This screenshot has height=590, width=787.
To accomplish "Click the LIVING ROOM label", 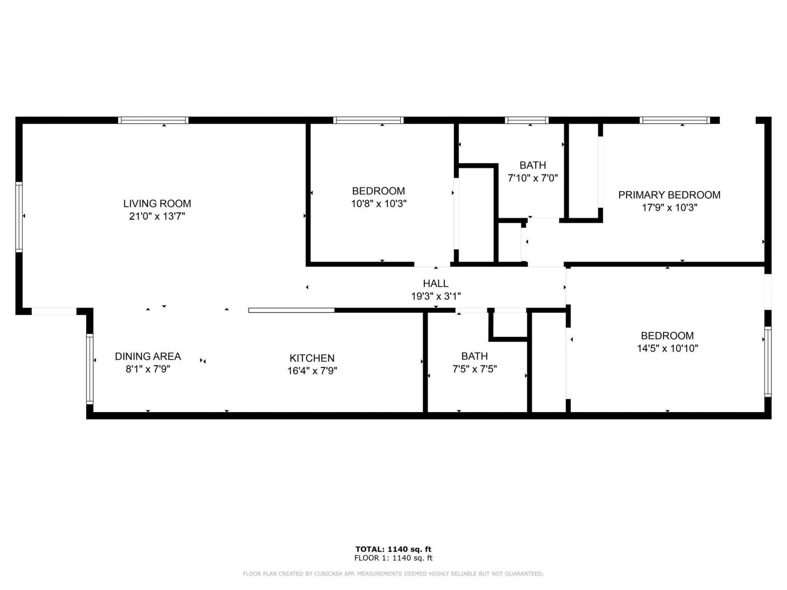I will click(157, 203).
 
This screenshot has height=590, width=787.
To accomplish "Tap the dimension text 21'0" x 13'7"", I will click(157, 216).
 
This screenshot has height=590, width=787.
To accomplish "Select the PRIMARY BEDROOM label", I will click(669, 195).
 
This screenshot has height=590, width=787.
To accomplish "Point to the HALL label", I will click(435, 283).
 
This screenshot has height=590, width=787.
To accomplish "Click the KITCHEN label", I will click(312, 358).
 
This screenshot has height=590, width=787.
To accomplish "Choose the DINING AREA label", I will click(148, 356).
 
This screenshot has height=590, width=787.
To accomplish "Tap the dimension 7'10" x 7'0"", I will click(532, 178).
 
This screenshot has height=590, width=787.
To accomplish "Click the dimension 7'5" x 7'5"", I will click(474, 369).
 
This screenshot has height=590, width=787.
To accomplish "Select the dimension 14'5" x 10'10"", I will click(667, 348).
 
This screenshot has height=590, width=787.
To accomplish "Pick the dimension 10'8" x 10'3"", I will click(378, 203).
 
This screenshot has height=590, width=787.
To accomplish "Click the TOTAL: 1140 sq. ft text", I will click(393, 549).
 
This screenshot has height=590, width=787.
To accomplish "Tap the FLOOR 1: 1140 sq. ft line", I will click(393, 558).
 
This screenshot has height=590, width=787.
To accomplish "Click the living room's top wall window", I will click(153, 120).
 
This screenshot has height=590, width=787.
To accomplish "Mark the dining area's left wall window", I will click(89, 369).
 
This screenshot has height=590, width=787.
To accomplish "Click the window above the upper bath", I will click(527, 120).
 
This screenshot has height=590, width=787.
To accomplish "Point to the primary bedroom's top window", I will click(675, 120).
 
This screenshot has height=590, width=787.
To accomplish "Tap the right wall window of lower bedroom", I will click(768, 361).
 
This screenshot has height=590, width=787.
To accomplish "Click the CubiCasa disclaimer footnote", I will click(393, 574).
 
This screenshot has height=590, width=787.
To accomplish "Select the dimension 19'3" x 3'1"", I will click(435, 296).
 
